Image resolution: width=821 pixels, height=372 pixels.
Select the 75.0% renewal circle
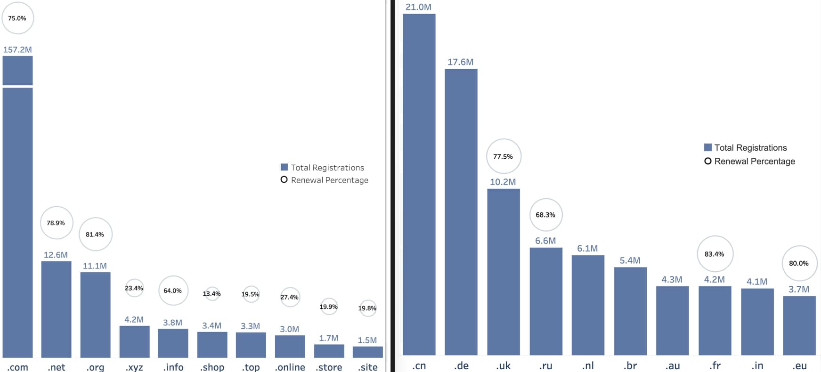click(x=17, y=18)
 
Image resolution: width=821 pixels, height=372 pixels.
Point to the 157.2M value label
click(x=17, y=49)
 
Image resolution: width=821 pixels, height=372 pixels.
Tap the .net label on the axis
click(x=56, y=367)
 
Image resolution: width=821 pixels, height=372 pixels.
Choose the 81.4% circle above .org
click(x=95, y=234)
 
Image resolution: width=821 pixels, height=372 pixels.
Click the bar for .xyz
click(x=134, y=341)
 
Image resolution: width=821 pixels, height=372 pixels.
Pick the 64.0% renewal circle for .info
click(x=173, y=291)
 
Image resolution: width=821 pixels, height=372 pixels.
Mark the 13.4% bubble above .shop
click(x=212, y=294)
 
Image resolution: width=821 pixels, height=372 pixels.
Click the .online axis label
click(x=290, y=367)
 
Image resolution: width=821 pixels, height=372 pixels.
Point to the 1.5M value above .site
click(x=367, y=340)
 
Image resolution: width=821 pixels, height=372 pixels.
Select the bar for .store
click(x=329, y=351)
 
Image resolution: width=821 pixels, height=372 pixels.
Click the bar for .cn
click(x=419, y=184)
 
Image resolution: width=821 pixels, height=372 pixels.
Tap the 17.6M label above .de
click(x=460, y=62)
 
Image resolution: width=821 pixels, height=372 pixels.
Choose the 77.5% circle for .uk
click(x=503, y=156)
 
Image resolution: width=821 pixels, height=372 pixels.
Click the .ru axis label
click(x=545, y=365)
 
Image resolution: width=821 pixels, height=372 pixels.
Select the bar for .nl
click(x=588, y=305)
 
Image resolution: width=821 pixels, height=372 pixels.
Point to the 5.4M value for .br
click(x=630, y=260)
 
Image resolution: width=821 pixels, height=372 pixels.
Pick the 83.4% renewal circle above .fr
click(x=715, y=254)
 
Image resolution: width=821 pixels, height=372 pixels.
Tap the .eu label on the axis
click(x=799, y=365)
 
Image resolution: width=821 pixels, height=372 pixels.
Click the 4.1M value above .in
click(x=757, y=282)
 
